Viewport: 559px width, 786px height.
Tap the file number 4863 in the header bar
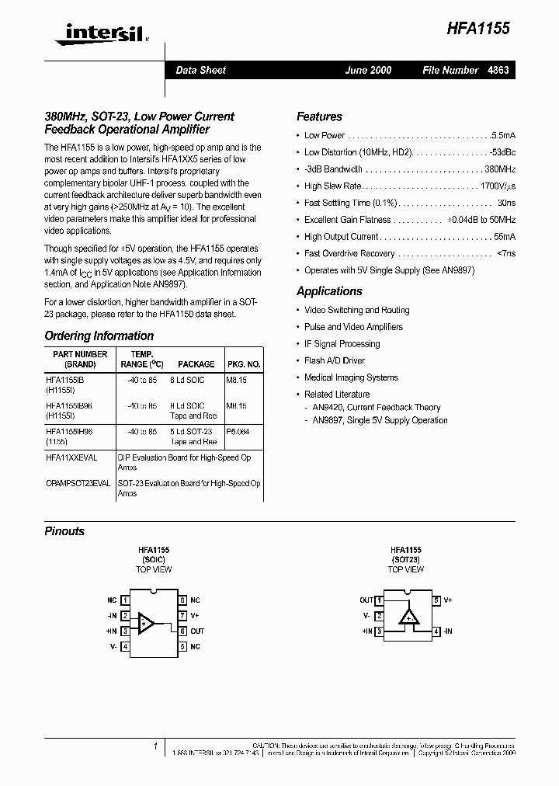click(498, 70)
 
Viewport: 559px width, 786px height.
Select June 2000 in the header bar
click(368, 70)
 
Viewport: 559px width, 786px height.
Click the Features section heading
click(319, 117)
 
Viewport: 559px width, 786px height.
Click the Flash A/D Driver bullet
click(334, 360)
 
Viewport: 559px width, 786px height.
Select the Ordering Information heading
click(99, 336)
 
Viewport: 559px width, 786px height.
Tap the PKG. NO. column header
click(243, 363)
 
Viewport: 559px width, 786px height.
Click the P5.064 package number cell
click(238, 432)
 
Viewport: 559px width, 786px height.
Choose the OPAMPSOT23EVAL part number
click(78, 483)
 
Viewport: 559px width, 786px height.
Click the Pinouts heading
click(64, 531)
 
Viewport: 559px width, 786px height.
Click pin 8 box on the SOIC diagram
click(182, 600)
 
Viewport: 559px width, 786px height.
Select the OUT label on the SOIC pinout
click(197, 631)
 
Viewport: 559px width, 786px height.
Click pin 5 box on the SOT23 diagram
click(437, 600)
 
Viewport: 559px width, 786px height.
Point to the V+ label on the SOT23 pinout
click(448, 600)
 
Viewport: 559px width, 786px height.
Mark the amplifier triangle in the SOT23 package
click(408, 617)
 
